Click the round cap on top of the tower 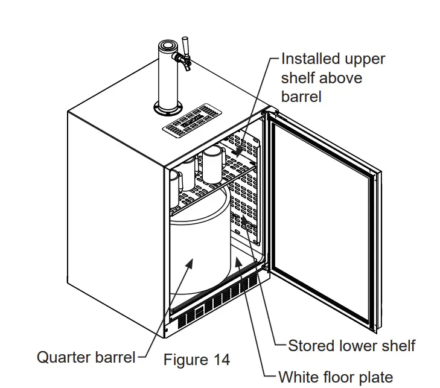tap(168, 46)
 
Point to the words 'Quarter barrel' tap(86, 357)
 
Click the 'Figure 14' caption tap(197, 360)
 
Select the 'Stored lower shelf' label tap(352, 346)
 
